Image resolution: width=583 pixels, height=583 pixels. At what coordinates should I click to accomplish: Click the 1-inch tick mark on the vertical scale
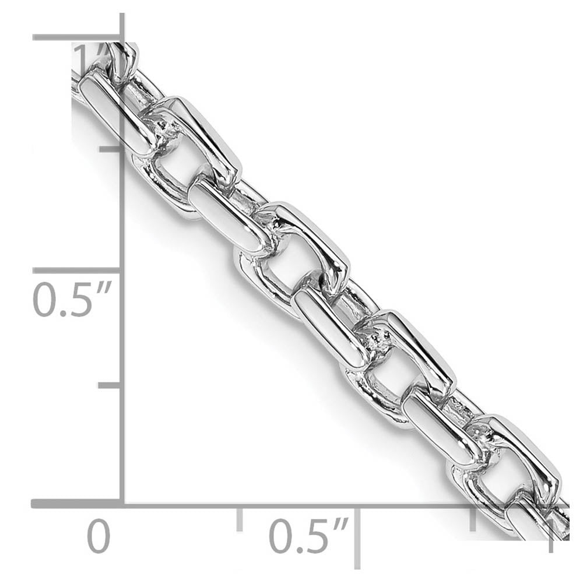[x=76, y=38]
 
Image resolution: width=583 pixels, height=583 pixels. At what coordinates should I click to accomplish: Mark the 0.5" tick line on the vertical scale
[x=76, y=271]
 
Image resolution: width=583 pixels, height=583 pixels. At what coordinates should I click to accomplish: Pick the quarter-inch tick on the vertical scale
[x=110, y=385]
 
